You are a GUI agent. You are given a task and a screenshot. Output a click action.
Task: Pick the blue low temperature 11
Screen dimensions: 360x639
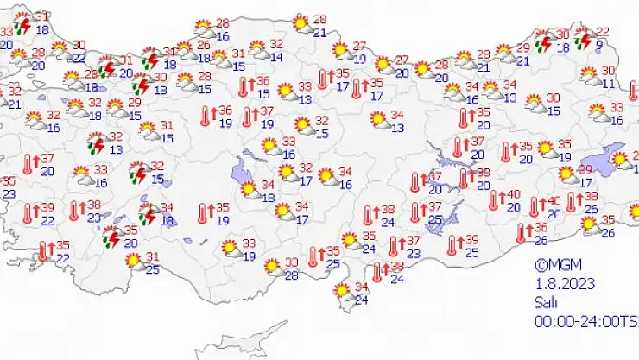coord(608,84)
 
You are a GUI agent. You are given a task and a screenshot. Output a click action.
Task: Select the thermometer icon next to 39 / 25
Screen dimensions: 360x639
coord(452,245)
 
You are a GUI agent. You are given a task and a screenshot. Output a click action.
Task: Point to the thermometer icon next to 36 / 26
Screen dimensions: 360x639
coord(521,232)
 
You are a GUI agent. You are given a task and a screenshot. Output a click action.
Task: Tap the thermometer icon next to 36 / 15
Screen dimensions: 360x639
coord(243,86)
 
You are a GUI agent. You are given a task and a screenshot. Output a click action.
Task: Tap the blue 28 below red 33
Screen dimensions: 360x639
coord(292,275)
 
